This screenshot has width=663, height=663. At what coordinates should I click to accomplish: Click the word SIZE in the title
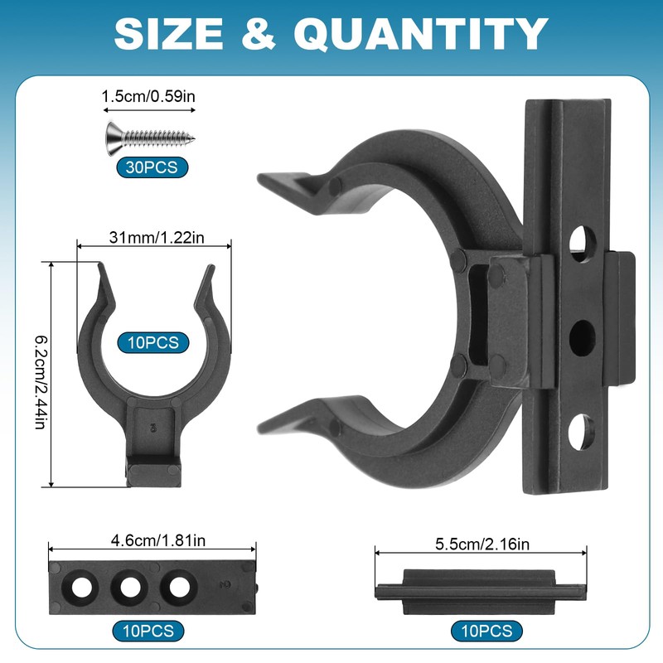(x=168, y=34)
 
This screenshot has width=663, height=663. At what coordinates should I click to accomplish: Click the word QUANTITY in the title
(x=421, y=35)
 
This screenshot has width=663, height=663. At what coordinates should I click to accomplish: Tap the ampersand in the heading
(x=259, y=34)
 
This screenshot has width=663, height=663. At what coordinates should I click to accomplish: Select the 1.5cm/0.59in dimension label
(x=148, y=96)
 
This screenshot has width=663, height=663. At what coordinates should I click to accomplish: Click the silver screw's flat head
(x=114, y=138)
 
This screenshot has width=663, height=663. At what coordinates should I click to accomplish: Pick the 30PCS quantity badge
(x=152, y=167)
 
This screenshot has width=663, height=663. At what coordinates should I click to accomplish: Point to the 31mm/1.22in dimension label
(x=157, y=238)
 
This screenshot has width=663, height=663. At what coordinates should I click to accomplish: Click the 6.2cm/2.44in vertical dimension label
(x=41, y=383)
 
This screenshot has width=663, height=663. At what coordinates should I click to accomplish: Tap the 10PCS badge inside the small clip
(x=153, y=342)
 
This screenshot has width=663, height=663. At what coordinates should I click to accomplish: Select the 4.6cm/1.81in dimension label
(x=158, y=541)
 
